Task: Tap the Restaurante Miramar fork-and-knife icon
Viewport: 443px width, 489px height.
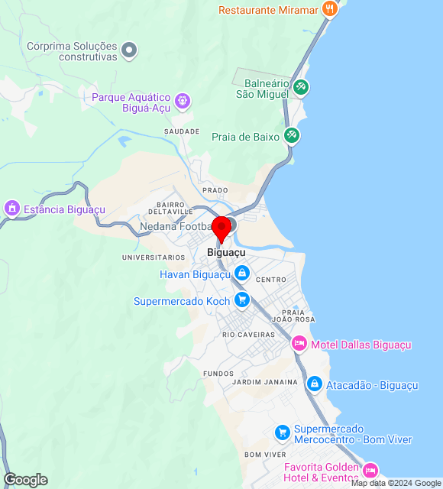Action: pos(330,8)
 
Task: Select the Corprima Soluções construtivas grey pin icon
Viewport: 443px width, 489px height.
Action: pos(130,50)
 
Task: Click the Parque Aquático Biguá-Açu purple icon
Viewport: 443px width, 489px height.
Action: pos(182,100)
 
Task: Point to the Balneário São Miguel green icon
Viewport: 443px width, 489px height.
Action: pos(301,86)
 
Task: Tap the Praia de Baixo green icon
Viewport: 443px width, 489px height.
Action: pos(291,136)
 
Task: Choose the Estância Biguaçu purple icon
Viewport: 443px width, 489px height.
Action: pos(11,208)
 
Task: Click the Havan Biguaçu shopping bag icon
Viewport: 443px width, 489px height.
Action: pos(242,273)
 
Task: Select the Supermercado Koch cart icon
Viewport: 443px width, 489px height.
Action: pos(242,300)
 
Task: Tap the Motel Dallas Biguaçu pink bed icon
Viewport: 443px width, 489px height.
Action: pos(299,344)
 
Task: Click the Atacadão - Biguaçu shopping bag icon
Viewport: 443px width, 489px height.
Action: pos(314,384)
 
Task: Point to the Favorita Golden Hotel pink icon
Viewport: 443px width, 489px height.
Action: pos(370,469)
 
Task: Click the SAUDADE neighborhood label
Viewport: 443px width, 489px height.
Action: pos(182,131)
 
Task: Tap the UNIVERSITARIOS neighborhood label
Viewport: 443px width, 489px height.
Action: pos(154,257)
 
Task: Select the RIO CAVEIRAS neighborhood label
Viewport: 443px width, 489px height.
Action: pos(248,335)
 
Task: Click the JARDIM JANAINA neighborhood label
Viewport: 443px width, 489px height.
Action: pos(264,382)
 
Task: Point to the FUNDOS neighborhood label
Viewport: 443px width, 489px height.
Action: pos(218,374)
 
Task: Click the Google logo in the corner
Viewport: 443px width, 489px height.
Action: pos(25,480)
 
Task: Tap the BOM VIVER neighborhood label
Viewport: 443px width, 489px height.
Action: pos(265,455)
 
